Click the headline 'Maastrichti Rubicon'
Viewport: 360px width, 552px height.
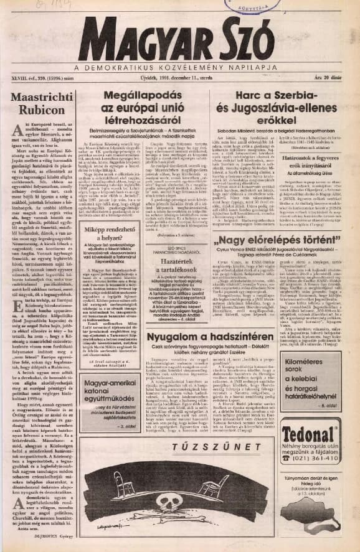(43, 104)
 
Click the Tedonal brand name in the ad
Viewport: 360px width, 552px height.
(309, 433)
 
